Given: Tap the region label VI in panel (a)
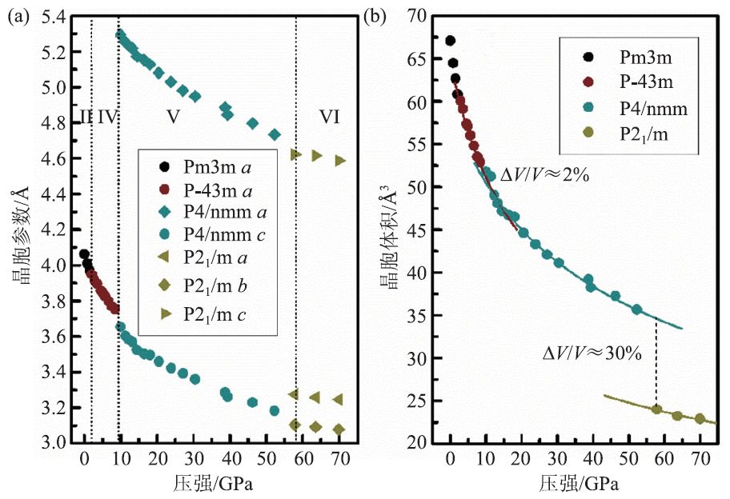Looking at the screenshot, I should pyautogui.click(x=330, y=117).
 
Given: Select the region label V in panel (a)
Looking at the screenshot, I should pyautogui.click(x=173, y=117).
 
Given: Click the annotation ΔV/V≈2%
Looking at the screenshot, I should pyautogui.click(x=543, y=175).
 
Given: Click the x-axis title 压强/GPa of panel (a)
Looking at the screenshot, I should pyautogui.click(x=211, y=483).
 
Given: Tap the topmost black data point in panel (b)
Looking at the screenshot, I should pyautogui.click(x=450, y=41).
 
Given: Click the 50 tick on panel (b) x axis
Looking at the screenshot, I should pyautogui.click(x=628, y=460).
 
